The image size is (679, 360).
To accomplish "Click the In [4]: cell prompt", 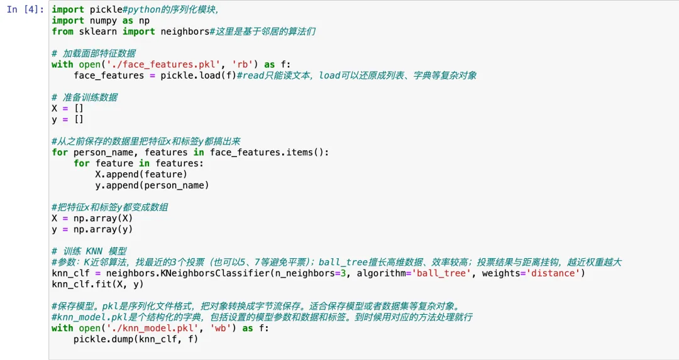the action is (25, 10).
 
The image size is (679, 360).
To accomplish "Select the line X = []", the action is (68, 108).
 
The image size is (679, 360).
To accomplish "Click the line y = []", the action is (68, 119).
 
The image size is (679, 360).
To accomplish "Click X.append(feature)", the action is (141, 174).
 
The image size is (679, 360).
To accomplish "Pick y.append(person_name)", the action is (152, 185).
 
